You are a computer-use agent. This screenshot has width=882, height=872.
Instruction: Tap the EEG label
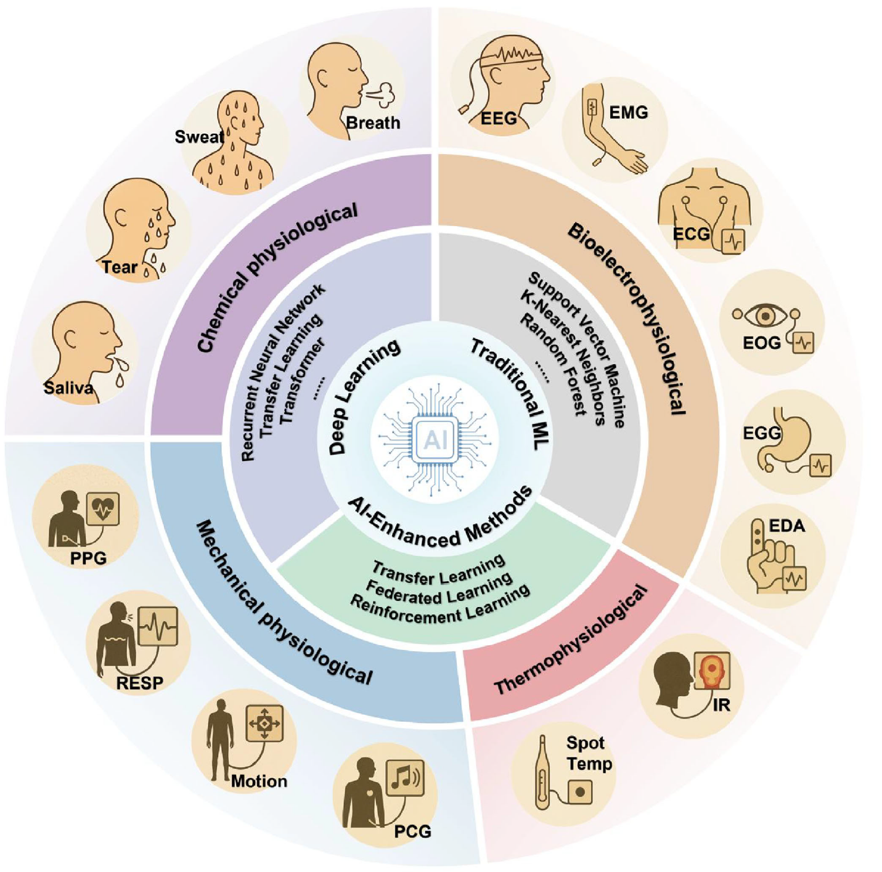499,117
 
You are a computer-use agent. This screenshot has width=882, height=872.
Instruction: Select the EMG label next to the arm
628,112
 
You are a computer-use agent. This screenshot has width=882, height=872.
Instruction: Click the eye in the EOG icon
766,316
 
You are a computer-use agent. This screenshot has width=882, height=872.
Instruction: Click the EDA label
787,526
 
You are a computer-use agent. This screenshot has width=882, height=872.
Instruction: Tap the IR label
721,704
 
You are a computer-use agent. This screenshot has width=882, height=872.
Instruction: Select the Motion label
259,781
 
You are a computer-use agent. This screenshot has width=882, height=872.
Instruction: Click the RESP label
140,683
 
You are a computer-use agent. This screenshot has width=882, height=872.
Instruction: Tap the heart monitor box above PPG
103,508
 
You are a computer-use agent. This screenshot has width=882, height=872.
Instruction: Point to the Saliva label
68,388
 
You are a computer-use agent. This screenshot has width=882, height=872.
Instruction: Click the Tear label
120,267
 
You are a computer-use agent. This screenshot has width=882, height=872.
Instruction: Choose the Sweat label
199,137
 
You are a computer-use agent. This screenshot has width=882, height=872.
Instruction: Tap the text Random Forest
552,364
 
